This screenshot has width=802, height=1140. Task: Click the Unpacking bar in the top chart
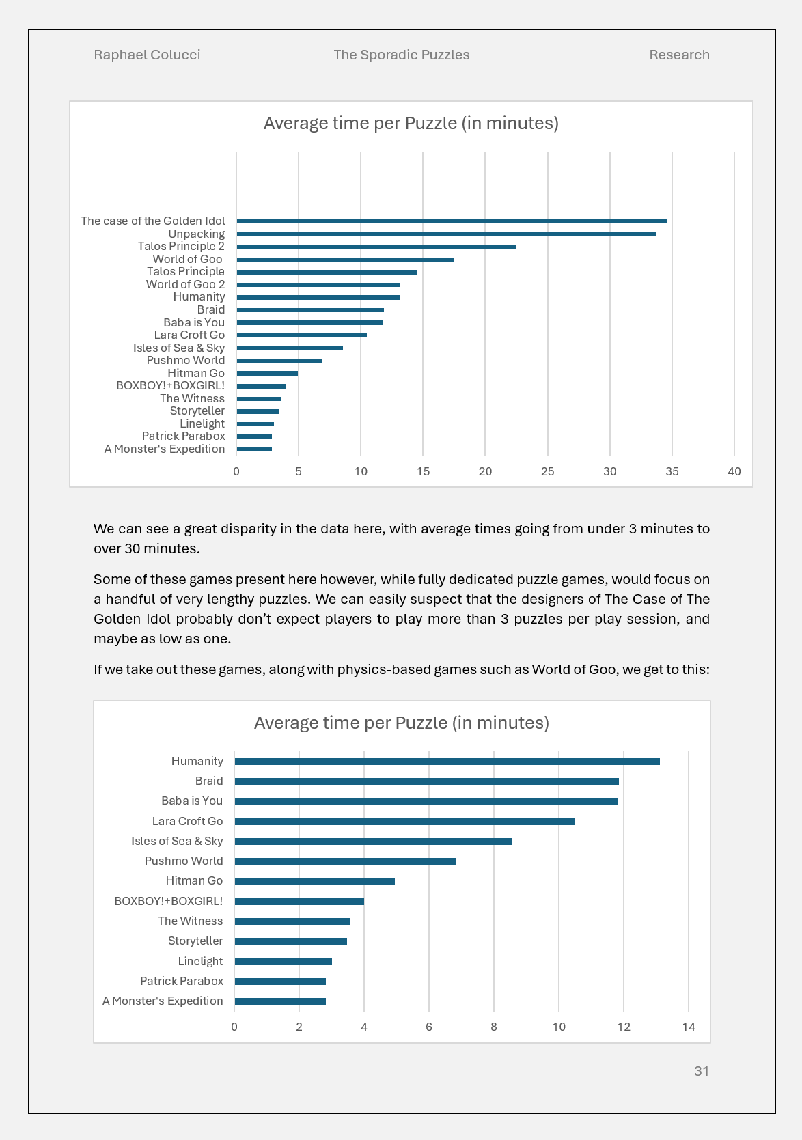[446, 234]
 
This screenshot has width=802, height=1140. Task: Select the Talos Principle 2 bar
[376, 247]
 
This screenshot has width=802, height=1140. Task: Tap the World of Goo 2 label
[185, 284]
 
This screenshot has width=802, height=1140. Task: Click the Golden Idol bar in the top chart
[452, 221]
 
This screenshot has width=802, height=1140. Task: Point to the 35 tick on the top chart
[672, 471]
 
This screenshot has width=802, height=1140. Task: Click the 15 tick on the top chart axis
[423, 471]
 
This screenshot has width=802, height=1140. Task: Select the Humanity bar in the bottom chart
[447, 762]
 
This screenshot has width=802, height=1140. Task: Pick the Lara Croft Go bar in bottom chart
[404, 821]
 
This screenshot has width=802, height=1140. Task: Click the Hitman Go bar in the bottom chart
[314, 881]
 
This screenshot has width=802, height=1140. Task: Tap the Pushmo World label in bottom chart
[184, 861]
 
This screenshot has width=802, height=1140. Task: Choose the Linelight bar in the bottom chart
[283, 961]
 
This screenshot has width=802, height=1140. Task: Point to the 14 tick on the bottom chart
[689, 1027]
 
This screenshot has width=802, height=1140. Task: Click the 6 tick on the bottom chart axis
[429, 1027]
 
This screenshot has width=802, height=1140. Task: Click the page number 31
[702, 1071]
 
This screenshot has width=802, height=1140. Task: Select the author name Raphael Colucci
[147, 55]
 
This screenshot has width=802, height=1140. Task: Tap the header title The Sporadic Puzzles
[401, 55]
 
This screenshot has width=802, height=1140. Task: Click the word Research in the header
[679, 55]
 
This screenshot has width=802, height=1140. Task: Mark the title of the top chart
[411, 123]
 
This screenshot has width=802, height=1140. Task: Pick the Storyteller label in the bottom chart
[195, 941]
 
